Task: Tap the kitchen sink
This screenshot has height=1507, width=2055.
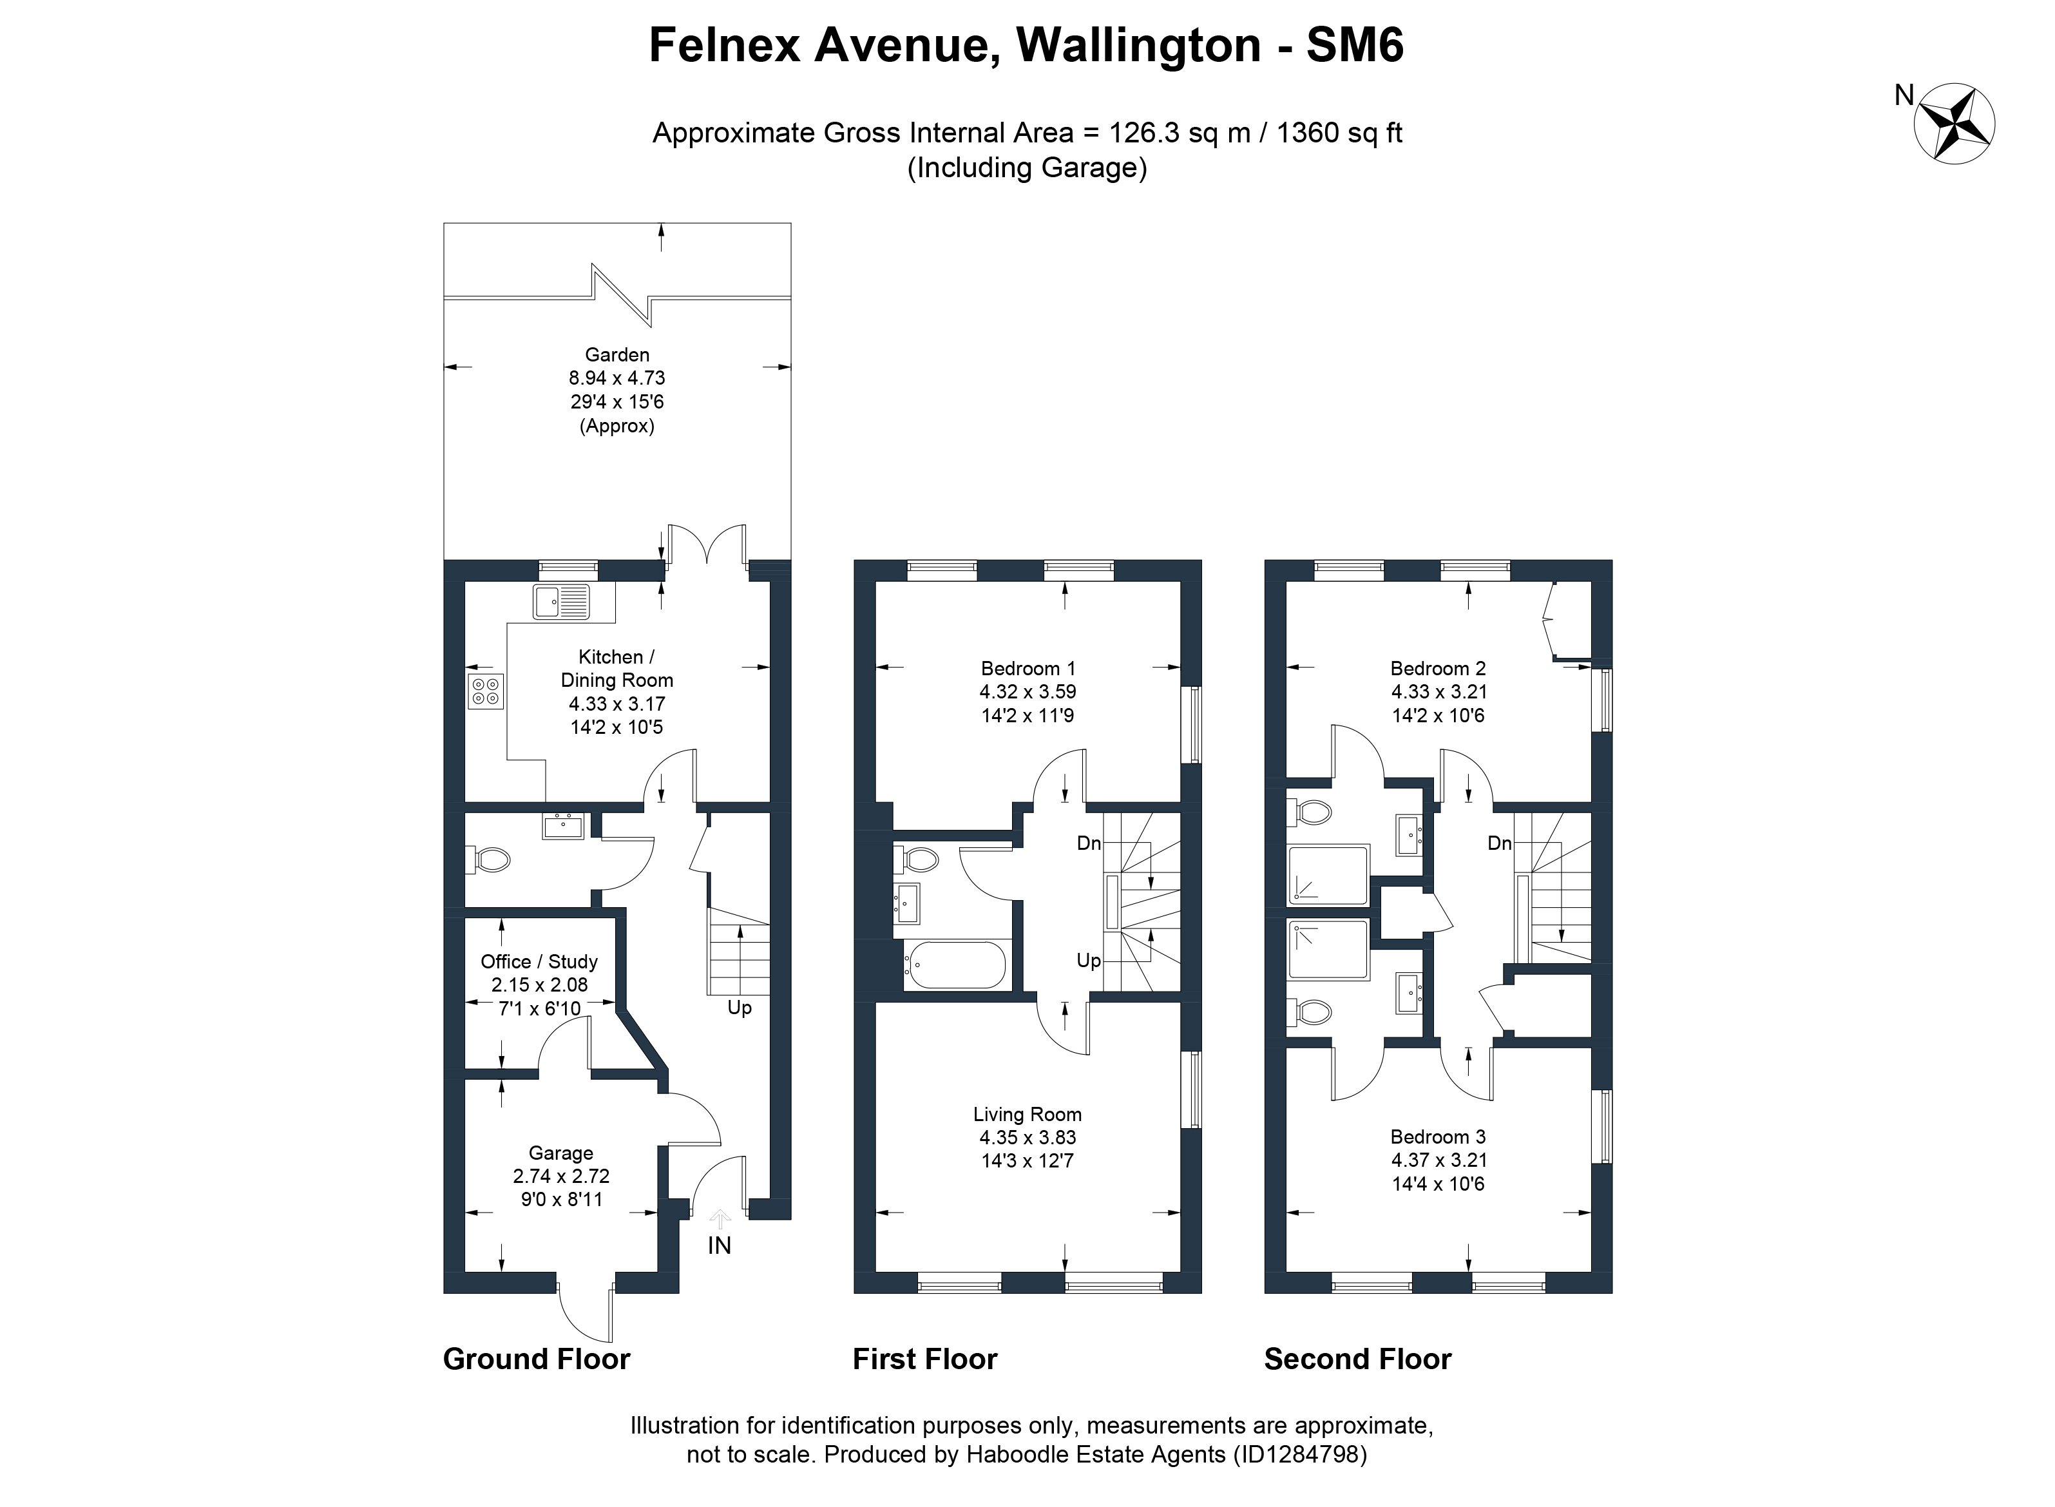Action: (561, 602)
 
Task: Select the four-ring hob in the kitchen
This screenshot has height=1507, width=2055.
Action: (485, 691)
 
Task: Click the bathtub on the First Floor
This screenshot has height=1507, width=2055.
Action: (954, 965)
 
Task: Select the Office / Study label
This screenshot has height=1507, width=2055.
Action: (539, 961)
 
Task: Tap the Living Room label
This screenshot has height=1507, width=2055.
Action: (1027, 1114)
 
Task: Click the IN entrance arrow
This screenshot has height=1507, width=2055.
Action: (720, 1220)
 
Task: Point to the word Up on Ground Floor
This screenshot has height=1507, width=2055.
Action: (739, 1008)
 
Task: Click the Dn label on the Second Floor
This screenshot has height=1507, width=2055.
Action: (1500, 843)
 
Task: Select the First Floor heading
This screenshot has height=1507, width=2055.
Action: (925, 1359)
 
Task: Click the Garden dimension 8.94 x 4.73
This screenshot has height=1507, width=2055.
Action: (618, 378)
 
